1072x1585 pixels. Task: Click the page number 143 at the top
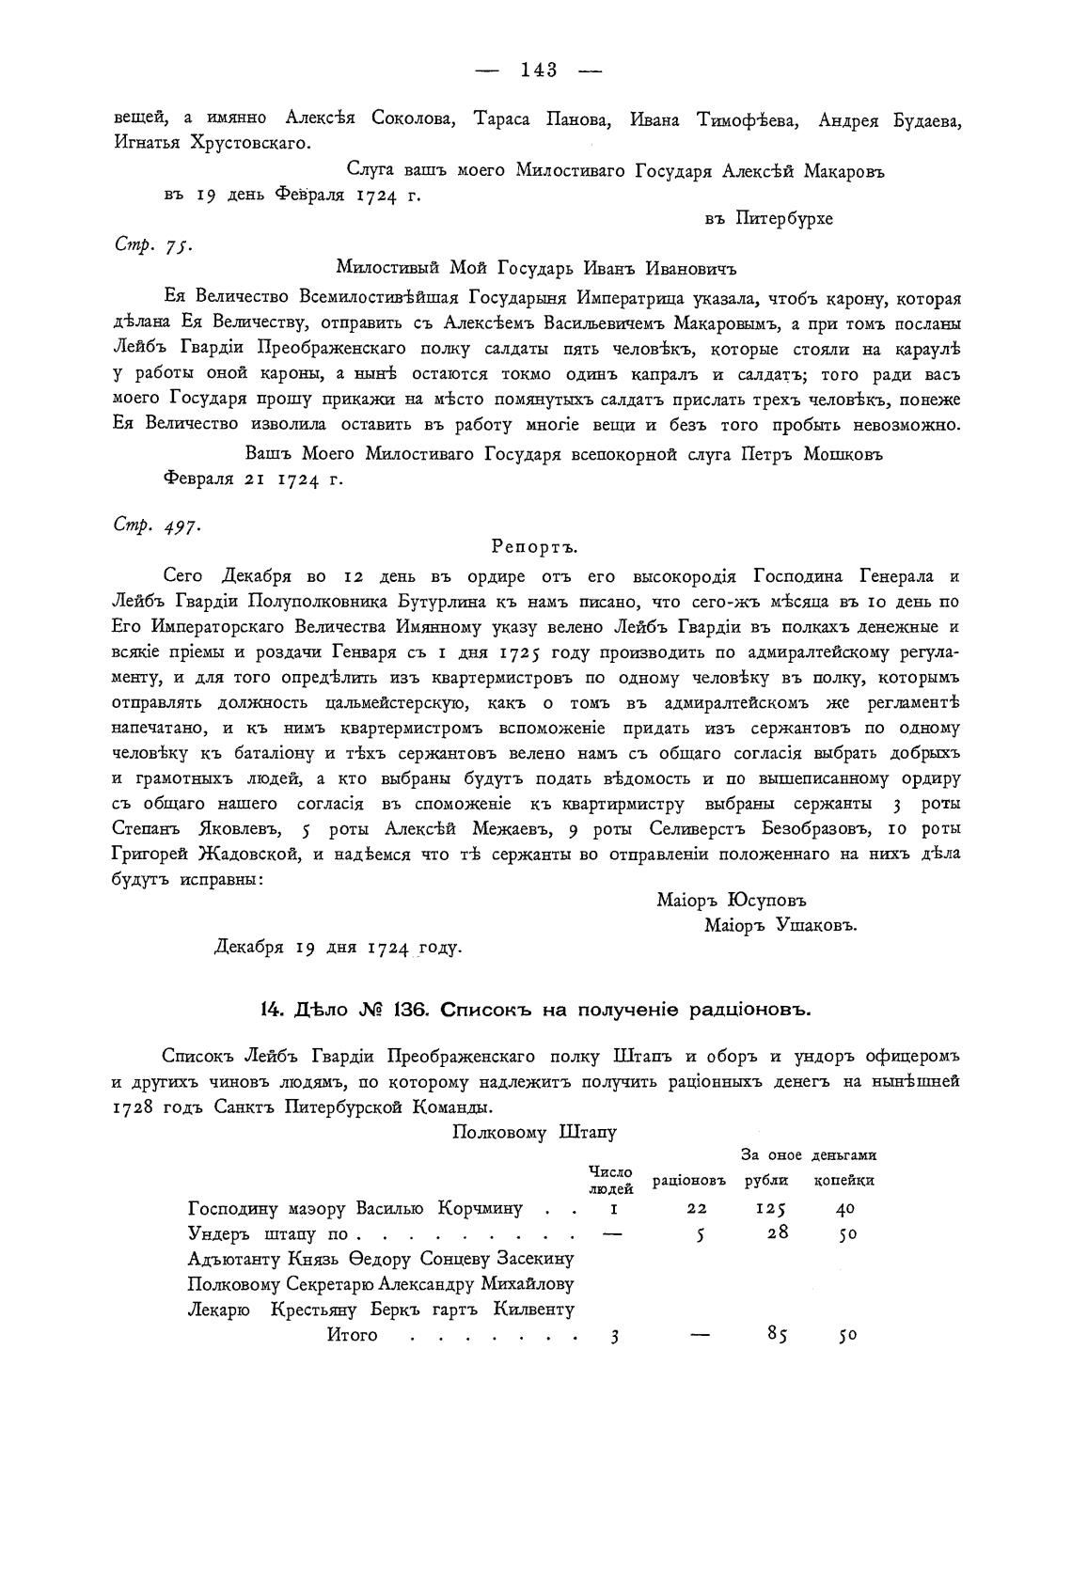point(539,70)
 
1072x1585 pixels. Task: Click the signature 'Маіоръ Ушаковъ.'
point(780,925)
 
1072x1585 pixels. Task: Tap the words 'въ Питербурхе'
point(768,218)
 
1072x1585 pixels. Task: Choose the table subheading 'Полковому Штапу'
point(534,1132)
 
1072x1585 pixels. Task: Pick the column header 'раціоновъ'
point(689,1180)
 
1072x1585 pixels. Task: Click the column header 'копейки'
point(843,1180)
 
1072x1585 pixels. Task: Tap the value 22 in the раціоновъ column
point(697,1209)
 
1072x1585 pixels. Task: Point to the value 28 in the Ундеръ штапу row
point(777,1233)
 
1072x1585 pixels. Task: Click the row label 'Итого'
point(352,1335)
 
